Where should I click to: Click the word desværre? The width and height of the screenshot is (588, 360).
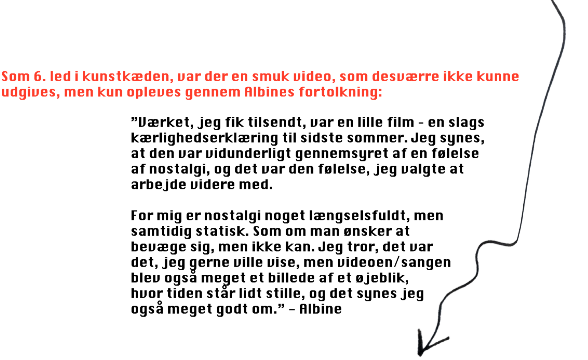click(x=405, y=76)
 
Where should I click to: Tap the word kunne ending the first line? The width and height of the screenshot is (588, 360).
click(x=498, y=76)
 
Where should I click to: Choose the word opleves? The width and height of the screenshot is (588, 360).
click(x=154, y=93)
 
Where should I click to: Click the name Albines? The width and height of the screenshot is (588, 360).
click(x=270, y=92)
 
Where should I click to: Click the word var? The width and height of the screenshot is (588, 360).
click(x=189, y=76)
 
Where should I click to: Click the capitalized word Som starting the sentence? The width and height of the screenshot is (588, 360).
click(x=15, y=76)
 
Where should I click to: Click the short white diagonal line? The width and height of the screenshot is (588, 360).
click(x=435, y=220)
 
